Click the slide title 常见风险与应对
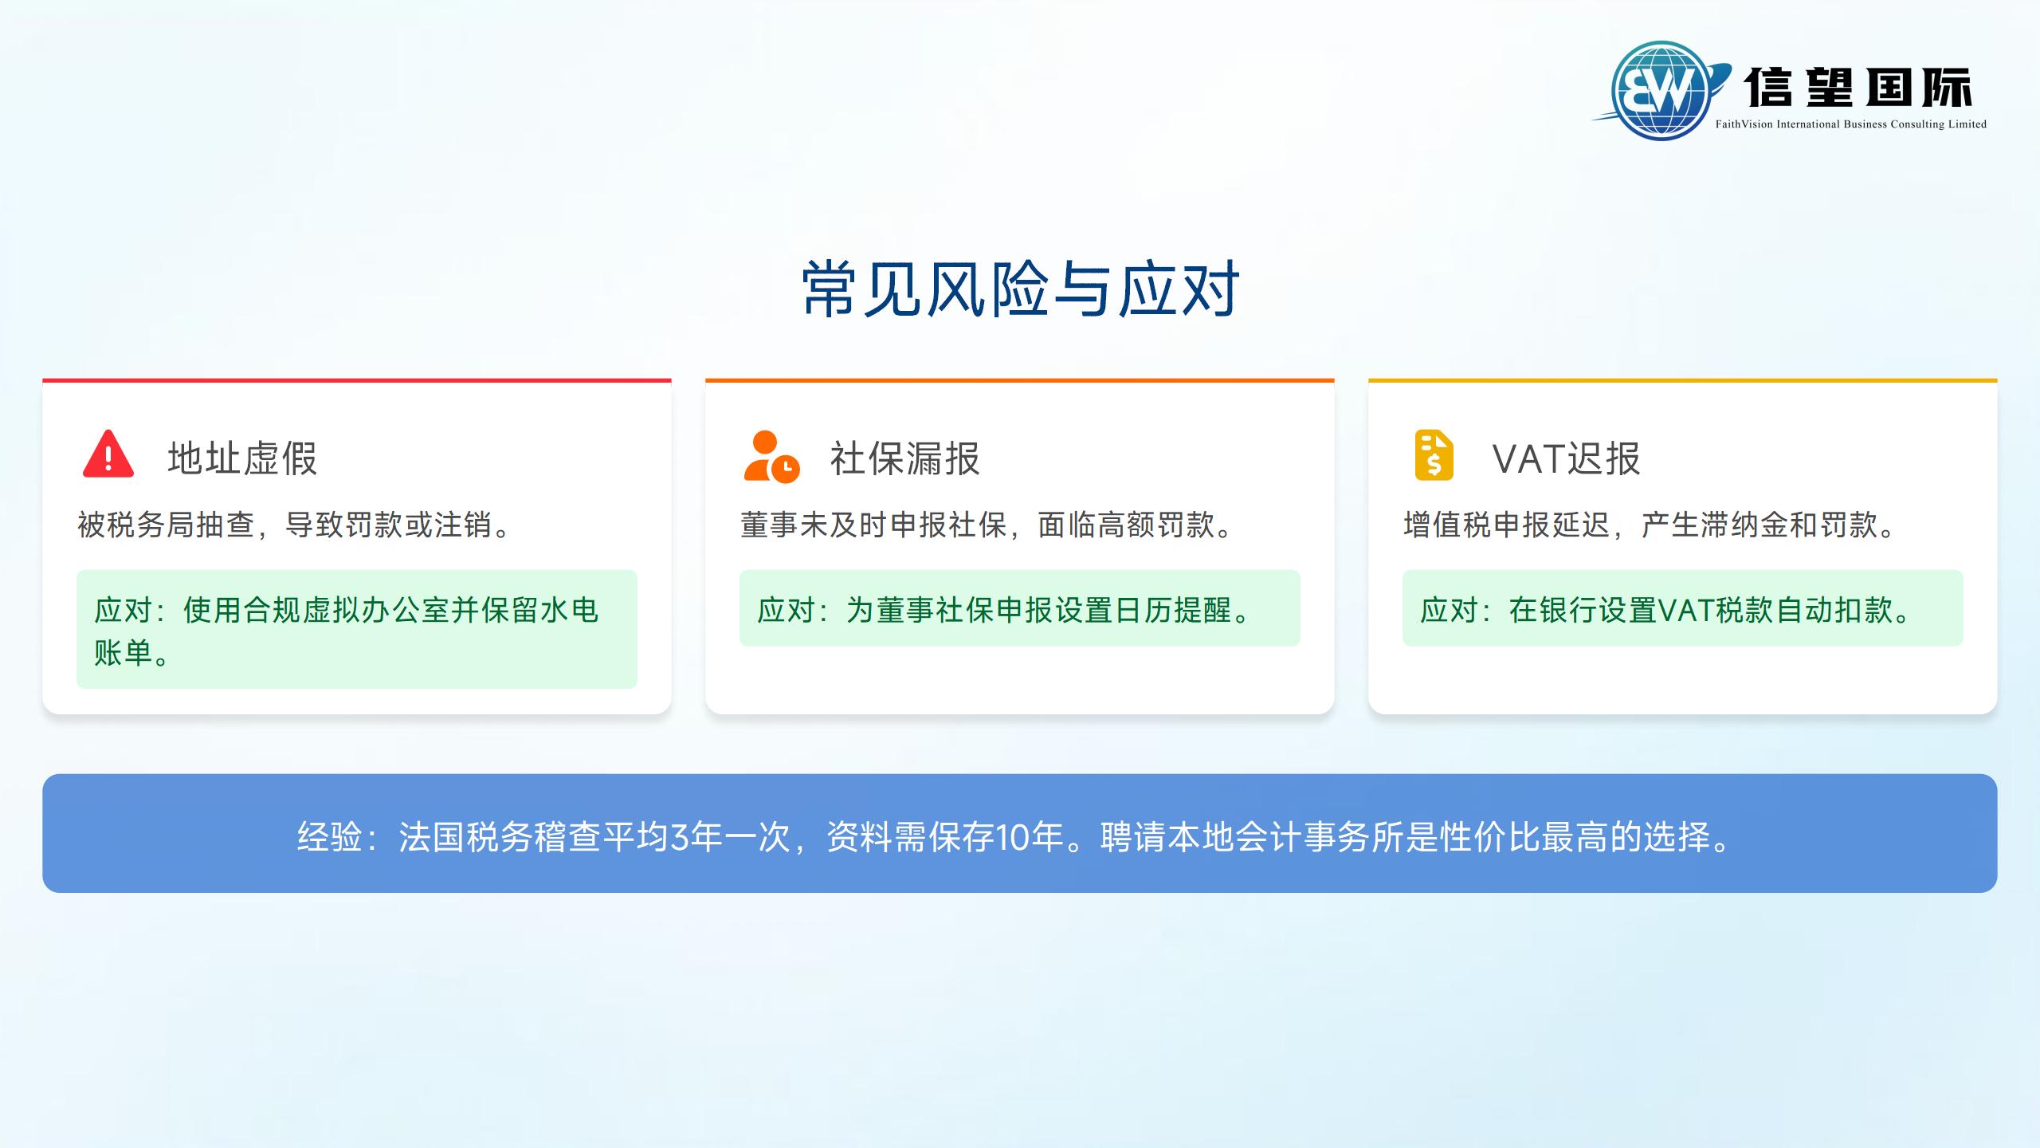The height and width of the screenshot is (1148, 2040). (x=1020, y=289)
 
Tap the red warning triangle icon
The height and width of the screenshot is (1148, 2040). (x=108, y=455)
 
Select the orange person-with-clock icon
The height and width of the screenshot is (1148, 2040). (x=771, y=457)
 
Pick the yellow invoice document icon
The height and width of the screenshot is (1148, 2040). (x=1434, y=455)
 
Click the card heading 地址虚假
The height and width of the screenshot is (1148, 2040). (x=242, y=458)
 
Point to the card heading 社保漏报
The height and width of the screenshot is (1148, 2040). (x=904, y=458)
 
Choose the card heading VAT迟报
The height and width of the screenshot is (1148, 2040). (x=1566, y=458)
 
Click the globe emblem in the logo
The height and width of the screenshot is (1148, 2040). (x=1661, y=91)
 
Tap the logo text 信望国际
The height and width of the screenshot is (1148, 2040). (x=1858, y=88)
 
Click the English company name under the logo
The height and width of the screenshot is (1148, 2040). (x=1850, y=124)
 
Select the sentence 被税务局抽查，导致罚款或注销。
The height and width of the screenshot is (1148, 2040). (x=295, y=525)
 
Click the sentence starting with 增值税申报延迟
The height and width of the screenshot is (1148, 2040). (x=1650, y=525)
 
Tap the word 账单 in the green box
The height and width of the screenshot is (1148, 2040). (x=123, y=653)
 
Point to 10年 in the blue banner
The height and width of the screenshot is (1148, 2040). (x=1029, y=837)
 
